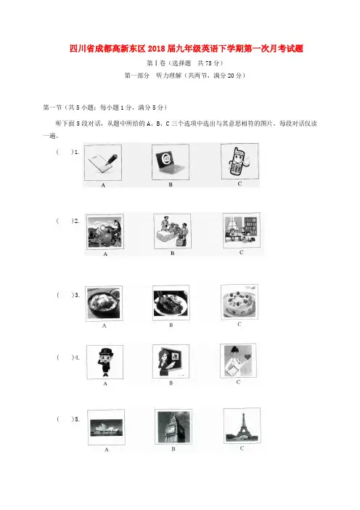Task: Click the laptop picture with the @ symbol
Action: tap(171, 162)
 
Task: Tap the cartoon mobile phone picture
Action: tap(240, 161)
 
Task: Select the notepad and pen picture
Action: tap(103, 163)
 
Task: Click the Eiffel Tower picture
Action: tap(242, 426)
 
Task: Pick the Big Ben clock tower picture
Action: tap(173, 426)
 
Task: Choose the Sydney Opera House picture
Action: tap(106, 427)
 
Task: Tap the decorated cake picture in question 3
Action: tap(239, 301)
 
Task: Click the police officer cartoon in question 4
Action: tap(105, 362)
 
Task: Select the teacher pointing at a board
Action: tap(171, 361)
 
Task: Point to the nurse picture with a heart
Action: tap(238, 360)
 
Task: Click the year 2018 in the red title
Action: tap(157, 49)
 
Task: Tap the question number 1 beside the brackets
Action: tap(77, 152)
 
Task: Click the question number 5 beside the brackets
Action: tap(77, 419)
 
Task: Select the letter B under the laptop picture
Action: tap(171, 185)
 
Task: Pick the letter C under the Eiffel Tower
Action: tap(242, 448)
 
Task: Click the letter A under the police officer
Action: tap(105, 384)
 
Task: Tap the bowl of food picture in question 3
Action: tap(104, 304)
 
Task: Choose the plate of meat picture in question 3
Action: tap(171, 303)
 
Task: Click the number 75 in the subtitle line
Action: tap(208, 63)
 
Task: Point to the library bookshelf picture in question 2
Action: tap(242, 230)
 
